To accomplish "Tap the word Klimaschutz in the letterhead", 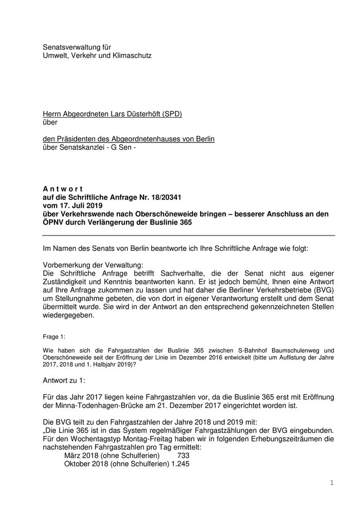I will pos(131,55).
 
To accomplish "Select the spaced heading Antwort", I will pos(63,189).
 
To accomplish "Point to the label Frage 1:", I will pos(54,337).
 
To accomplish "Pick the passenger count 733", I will pos(183,456).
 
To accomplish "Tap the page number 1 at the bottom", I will pos(332,483).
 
